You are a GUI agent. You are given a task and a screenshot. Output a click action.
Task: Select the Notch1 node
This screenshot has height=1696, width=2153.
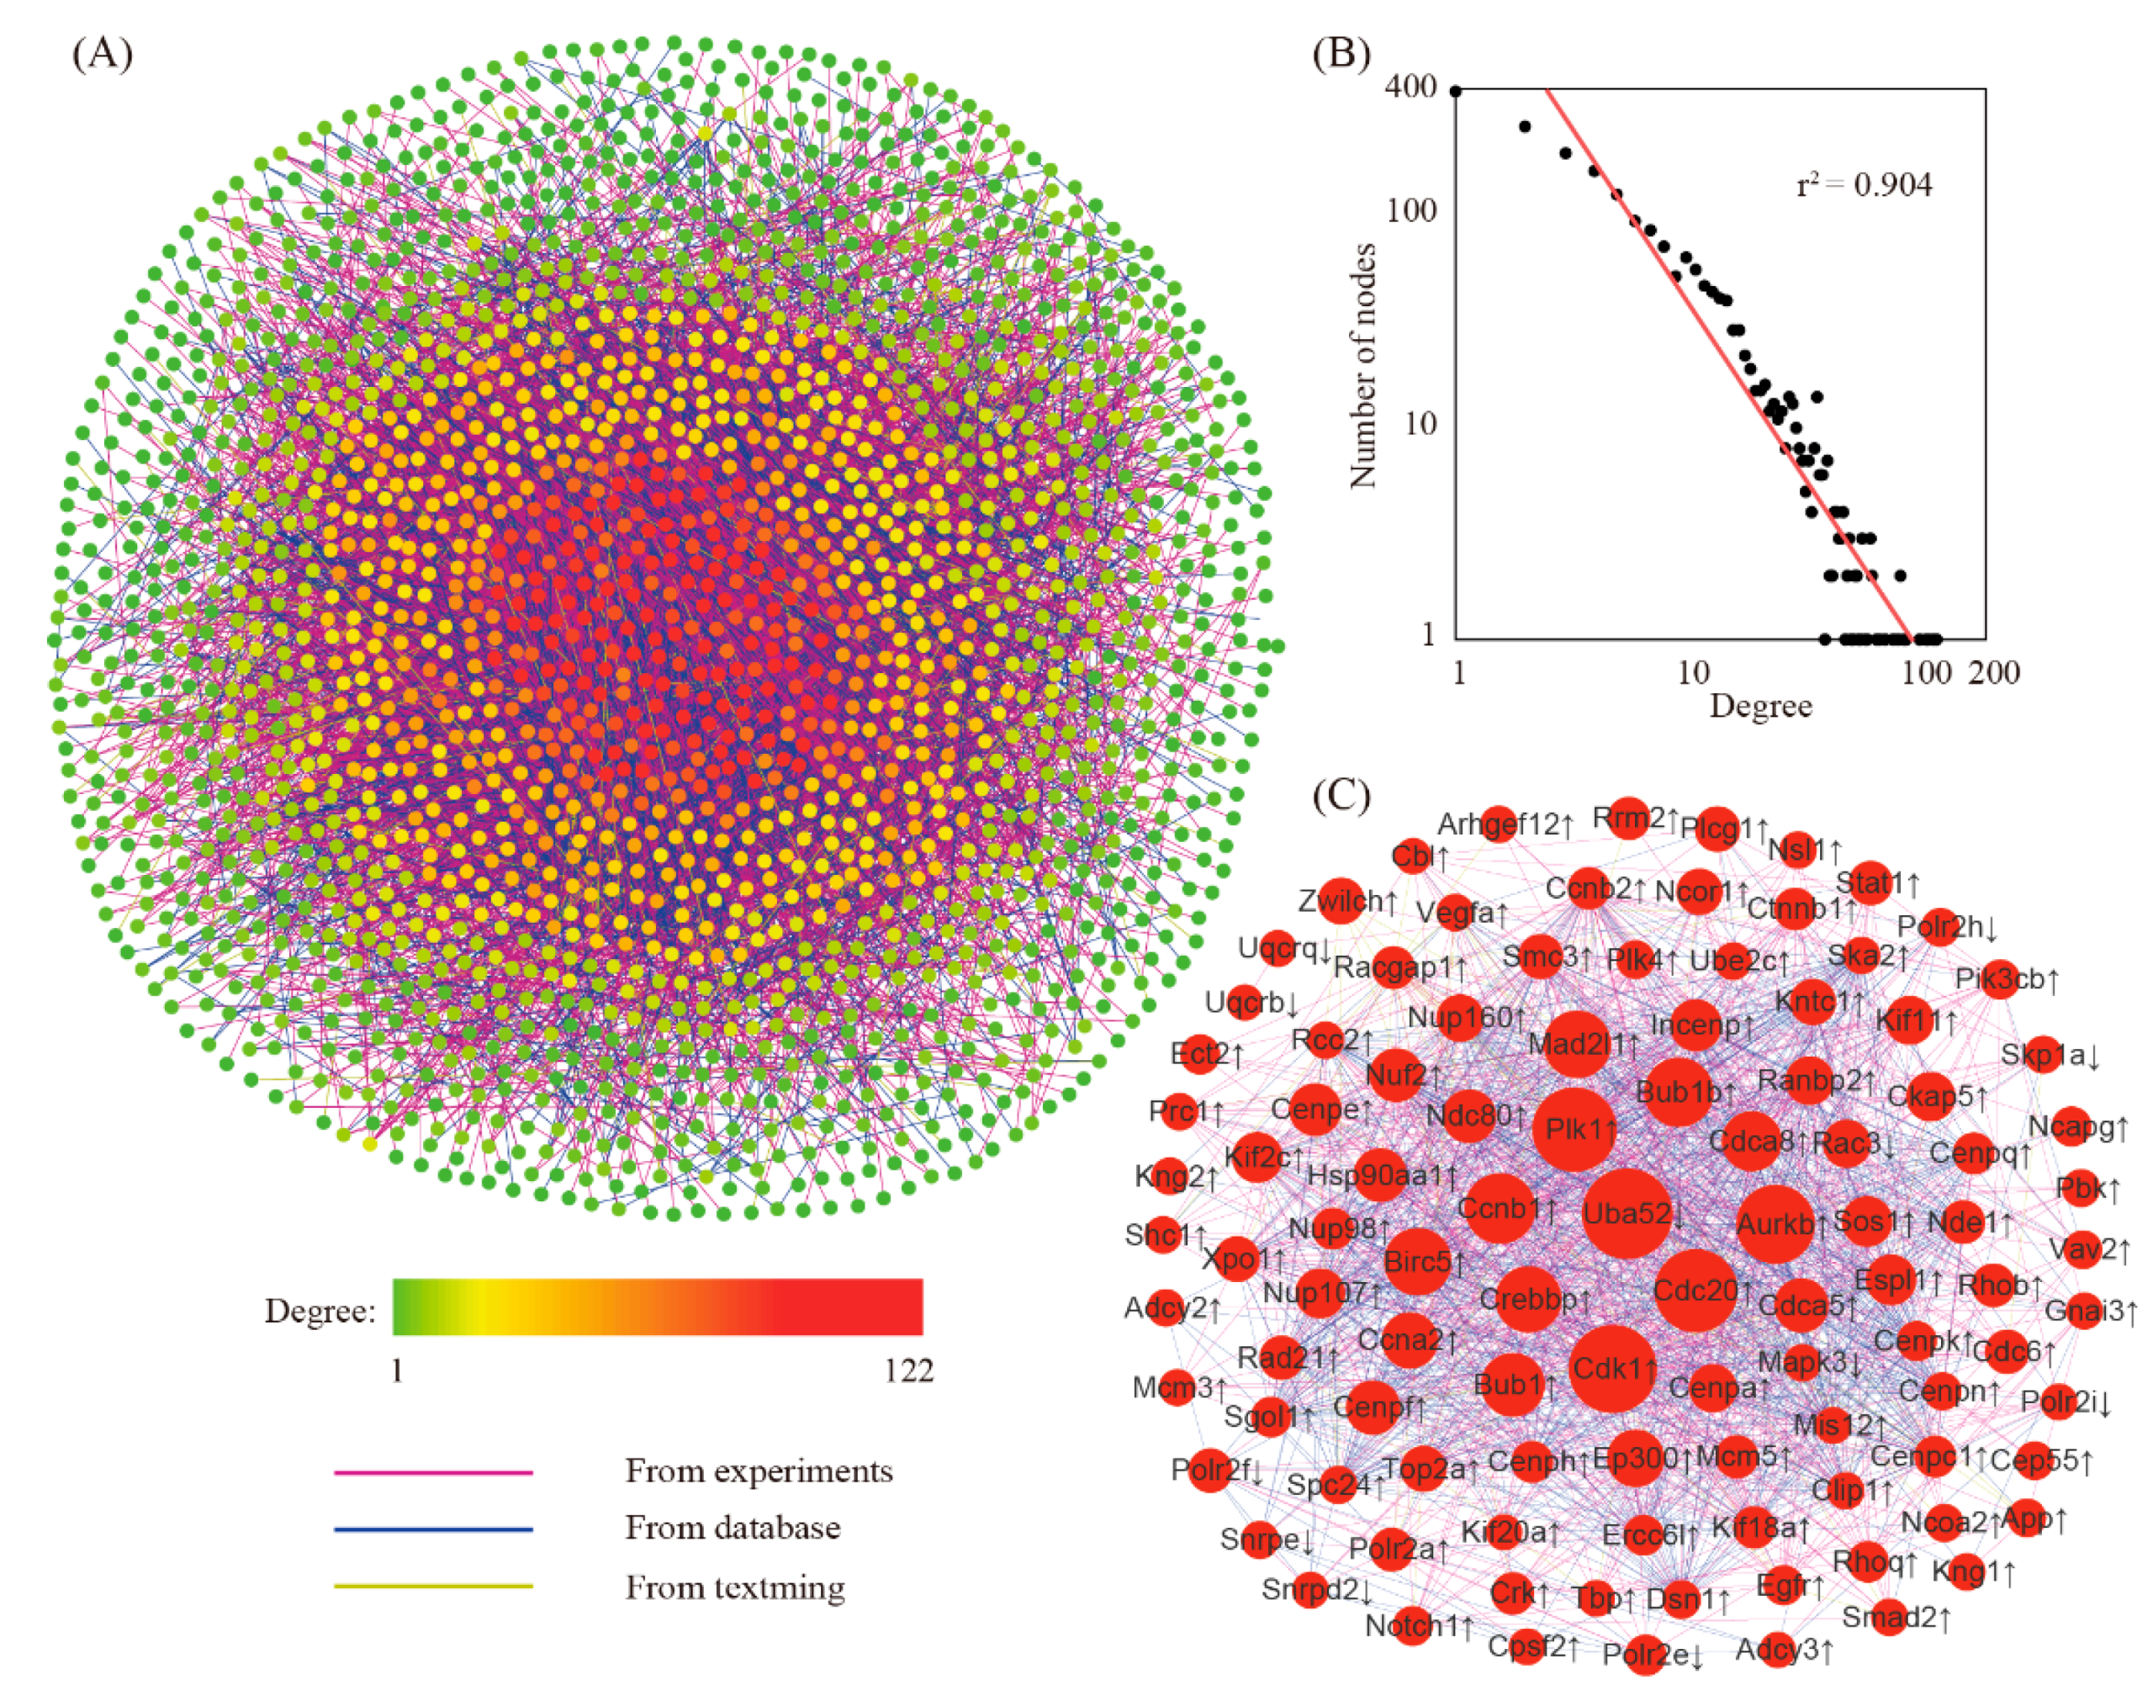click(1411, 1624)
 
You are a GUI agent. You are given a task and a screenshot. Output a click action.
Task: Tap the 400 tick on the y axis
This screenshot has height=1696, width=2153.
click(1410, 87)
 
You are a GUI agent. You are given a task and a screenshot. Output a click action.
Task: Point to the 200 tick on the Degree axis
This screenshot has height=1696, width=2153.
click(1993, 673)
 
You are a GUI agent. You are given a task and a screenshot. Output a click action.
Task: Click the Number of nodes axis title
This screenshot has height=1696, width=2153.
click(1364, 365)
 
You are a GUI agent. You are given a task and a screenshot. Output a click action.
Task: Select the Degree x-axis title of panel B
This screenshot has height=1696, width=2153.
click(1760, 705)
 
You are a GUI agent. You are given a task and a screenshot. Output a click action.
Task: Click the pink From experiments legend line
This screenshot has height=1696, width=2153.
click(433, 1471)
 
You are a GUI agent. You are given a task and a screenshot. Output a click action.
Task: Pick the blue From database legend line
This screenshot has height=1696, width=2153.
click(433, 1529)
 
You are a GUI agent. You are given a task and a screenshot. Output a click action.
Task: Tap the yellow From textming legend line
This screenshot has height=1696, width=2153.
click(433, 1586)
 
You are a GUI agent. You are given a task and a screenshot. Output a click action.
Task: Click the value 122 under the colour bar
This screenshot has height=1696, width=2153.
click(908, 1371)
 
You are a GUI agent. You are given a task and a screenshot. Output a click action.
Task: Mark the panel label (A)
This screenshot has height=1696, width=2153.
click(103, 54)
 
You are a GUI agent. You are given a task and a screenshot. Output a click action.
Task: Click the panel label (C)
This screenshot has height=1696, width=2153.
click(1340, 795)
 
